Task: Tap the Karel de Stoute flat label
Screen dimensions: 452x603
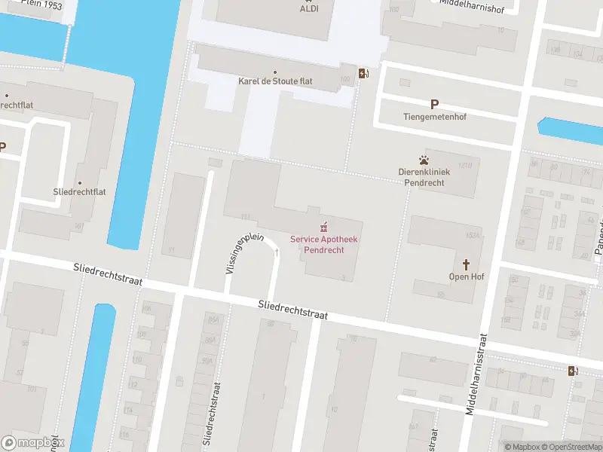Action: (275, 81)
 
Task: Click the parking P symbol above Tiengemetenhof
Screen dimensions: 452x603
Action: (434, 105)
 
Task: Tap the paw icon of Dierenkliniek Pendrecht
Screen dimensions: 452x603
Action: (424, 160)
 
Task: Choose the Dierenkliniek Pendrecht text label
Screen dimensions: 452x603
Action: (424, 177)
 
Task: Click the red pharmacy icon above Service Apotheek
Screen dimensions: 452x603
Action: (325, 226)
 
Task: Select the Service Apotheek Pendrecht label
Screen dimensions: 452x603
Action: (325, 244)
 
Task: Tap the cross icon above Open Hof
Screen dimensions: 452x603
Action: (467, 264)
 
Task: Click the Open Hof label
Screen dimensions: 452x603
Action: (467, 276)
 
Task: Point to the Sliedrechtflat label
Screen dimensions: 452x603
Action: (79, 192)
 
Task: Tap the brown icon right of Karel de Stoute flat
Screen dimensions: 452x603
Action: (364, 73)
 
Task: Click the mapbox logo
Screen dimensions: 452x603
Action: (33, 443)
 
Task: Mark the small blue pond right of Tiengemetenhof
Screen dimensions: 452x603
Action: (571, 130)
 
